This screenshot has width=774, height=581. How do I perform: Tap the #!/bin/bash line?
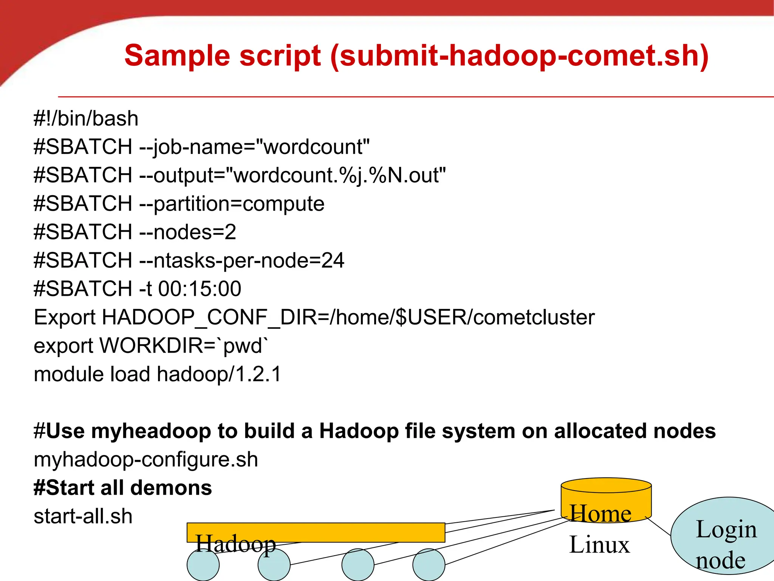click(x=86, y=118)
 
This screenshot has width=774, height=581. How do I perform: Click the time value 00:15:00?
click(x=200, y=289)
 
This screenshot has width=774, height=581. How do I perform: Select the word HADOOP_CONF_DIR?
click(x=209, y=317)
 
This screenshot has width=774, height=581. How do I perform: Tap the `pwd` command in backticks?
click(x=246, y=346)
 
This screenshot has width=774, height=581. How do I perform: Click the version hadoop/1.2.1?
click(x=219, y=374)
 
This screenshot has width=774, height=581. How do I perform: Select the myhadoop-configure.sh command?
click(x=146, y=460)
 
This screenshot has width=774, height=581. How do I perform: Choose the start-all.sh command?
click(x=83, y=516)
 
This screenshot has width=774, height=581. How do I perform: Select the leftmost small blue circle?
click(x=203, y=565)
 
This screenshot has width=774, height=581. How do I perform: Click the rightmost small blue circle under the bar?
click(x=429, y=565)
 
